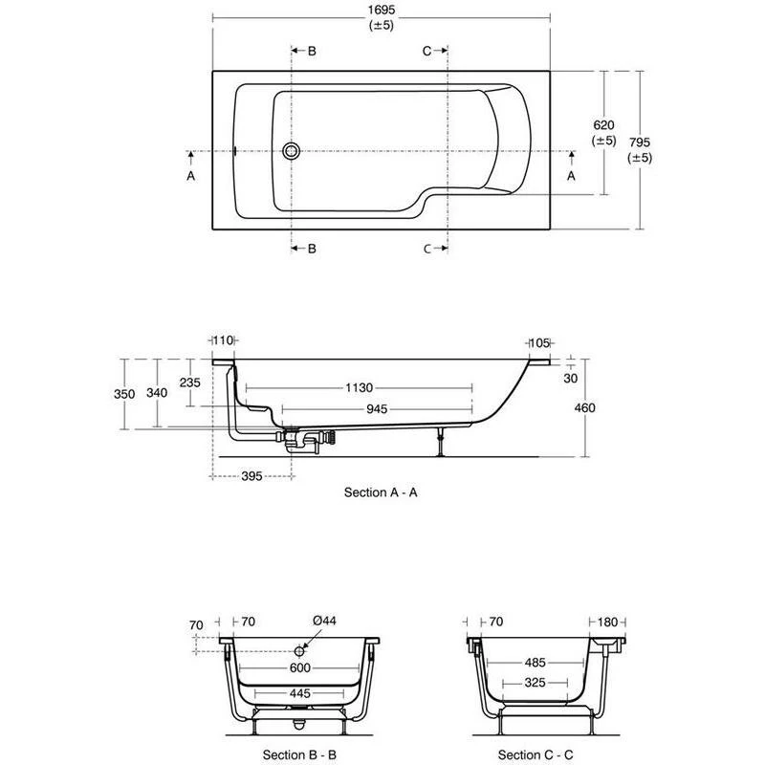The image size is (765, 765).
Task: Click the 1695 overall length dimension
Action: click(381, 10)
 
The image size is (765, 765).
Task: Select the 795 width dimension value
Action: click(640, 142)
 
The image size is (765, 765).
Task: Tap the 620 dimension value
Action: click(603, 125)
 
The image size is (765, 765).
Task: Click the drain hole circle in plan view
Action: click(292, 151)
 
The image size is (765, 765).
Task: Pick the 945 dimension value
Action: click(376, 409)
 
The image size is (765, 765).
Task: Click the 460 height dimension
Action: click(585, 408)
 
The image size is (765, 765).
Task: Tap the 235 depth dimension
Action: click(189, 382)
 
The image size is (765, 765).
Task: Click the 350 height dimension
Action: click(122, 393)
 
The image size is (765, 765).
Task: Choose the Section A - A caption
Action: click(380, 492)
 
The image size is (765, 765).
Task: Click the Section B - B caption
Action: click(299, 754)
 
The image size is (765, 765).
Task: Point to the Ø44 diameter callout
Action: click(326, 621)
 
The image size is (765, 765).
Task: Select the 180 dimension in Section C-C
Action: click(608, 621)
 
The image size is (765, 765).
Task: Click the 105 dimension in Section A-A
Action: click(540, 342)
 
